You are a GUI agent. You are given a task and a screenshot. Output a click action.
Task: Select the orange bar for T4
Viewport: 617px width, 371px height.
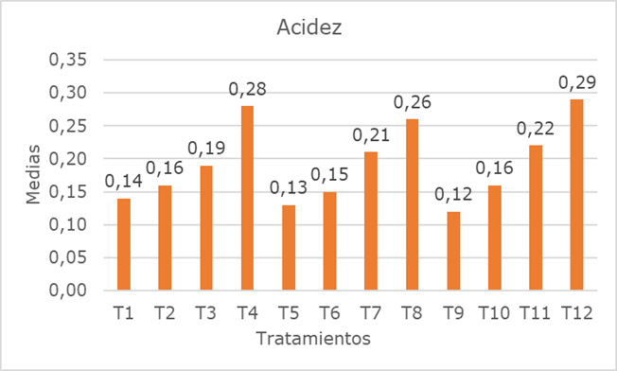247,198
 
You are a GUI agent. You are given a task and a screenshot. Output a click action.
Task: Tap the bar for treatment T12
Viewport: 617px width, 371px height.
576,194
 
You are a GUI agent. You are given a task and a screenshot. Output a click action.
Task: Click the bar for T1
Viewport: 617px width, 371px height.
124,244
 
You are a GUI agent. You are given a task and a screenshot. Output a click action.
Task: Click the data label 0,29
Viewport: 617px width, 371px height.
576,84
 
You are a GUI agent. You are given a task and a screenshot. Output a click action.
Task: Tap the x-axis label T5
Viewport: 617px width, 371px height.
288,312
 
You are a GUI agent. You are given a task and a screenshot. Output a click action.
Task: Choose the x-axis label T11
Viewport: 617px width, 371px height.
535,312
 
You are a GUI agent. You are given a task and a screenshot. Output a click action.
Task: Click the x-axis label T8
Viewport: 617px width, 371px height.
412,312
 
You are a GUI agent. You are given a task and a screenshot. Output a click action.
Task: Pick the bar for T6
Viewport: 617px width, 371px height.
329,240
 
